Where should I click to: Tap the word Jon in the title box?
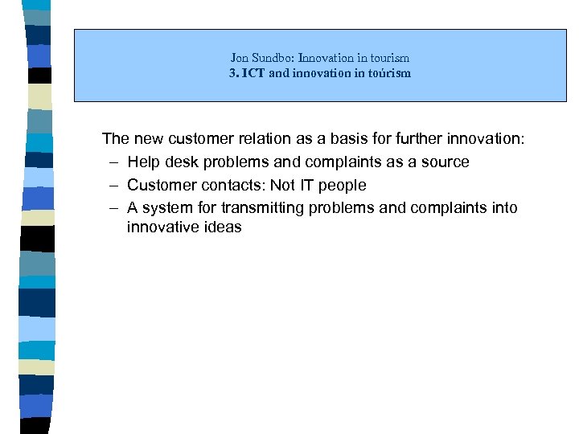[x=240, y=58]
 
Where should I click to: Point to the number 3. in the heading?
[x=234, y=73]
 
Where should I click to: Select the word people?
[x=343, y=185]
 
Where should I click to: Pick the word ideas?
[x=220, y=227]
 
